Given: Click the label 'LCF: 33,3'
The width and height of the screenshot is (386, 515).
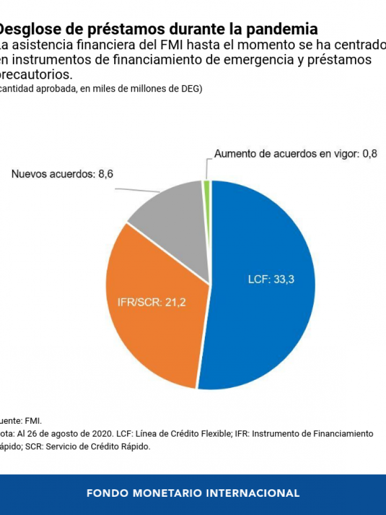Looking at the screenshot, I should (x=271, y=279).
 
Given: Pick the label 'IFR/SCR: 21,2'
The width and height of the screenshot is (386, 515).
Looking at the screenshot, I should (x=151, y=303).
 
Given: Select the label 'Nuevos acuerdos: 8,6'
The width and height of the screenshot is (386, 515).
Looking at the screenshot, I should (x=62, y=174).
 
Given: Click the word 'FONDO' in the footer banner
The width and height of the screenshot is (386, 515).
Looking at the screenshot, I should (x=107, y=493).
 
